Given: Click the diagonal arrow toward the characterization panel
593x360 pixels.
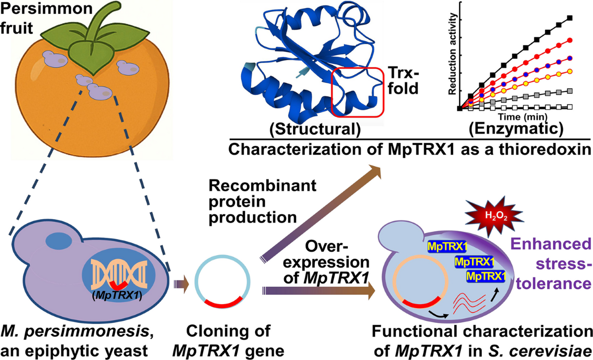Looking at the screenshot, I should (x=326, y=213).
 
